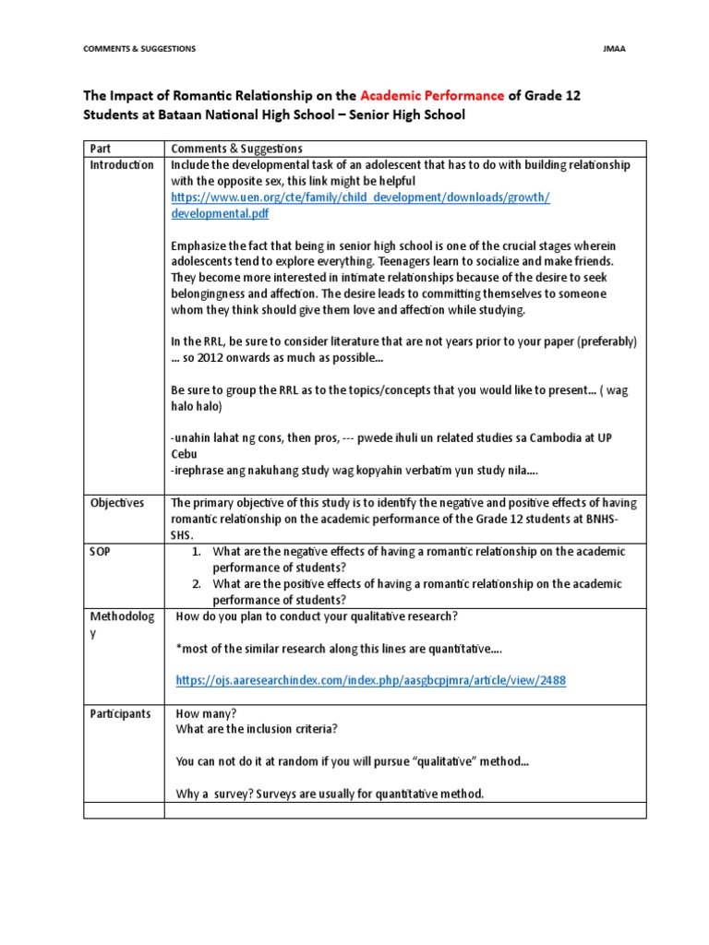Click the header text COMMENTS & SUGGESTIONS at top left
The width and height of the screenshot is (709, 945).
[139, 48]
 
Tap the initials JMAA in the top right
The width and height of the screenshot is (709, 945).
[615, 48]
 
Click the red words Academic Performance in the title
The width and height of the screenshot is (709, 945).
[432, 95]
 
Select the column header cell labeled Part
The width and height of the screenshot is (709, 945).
[99, 149]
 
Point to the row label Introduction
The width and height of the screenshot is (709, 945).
[121, 165]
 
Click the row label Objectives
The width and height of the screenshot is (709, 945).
[117, 503]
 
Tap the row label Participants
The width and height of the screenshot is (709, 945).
[120, 714]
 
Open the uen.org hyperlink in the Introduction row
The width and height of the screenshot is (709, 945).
[360, 205]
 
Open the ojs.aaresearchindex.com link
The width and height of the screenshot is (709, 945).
[370, 681]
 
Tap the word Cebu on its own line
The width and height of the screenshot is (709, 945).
[184, 455]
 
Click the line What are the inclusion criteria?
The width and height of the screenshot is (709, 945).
[257, 729]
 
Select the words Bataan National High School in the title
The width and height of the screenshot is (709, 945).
[230, 115]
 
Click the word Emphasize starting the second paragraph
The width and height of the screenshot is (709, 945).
[200, 245]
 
